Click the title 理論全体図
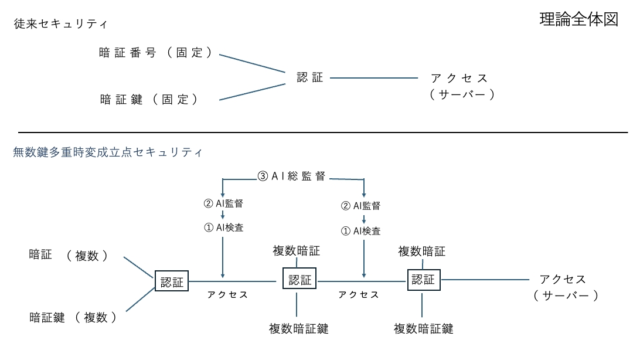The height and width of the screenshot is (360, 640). (579, 19)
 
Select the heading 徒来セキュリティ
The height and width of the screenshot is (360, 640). (60, 23)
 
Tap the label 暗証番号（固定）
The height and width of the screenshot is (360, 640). (155, 53)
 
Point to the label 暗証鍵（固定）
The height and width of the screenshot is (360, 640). (149, 99)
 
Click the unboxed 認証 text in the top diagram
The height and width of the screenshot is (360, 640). (310, 77)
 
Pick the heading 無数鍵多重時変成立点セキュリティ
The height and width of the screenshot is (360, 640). (108, 152)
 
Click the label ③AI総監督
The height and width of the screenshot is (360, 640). (291, 176)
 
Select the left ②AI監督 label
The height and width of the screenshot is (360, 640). (223, 203)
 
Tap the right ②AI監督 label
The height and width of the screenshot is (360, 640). (361, 206)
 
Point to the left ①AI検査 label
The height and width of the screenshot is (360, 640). (224, 227)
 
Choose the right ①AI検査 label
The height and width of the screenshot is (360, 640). (361, 231)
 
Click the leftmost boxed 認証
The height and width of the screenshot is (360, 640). (171, 281)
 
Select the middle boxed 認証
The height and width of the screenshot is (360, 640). (299, 279)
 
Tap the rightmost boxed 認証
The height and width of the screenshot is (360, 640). (424, 280)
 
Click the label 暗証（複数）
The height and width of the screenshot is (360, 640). (69, 255)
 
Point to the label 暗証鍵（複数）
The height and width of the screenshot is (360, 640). (73, 317)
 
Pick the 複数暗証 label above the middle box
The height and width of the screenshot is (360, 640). (297, 250)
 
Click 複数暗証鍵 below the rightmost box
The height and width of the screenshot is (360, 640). (423, 328)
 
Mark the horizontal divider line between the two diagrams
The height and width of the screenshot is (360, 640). (323, 133)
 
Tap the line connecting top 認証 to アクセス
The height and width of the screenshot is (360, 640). (374, 77)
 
